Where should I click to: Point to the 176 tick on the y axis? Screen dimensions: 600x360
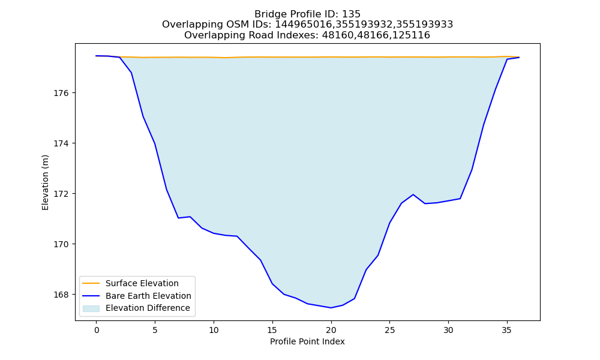[x=61, y=94]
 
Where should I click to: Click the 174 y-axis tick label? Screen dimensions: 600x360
[x=61, y=143]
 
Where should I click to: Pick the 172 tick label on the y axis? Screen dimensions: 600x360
[x=61, y=194]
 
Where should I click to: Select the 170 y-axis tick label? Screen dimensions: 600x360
[x=61, y=244]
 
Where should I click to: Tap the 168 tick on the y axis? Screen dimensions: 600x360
[x=61, y=295]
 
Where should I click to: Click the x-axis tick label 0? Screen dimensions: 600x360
[x=97, y=330]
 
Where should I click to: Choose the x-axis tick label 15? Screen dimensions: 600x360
[x=272, y=330]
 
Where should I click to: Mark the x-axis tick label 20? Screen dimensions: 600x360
[x=331, y=330]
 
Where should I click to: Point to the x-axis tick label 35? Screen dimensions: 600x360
[x=507, y=330]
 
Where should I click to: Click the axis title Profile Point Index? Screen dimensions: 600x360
[x=307, y=341]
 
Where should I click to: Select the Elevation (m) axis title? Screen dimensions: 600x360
[x=45, y=182]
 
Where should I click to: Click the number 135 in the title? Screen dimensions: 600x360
[x=351, y=14]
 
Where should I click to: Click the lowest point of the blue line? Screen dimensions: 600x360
[x=331, y=308]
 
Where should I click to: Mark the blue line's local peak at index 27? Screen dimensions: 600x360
[x=413, y=194]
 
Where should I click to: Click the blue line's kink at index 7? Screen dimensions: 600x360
[x=178, y=218]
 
